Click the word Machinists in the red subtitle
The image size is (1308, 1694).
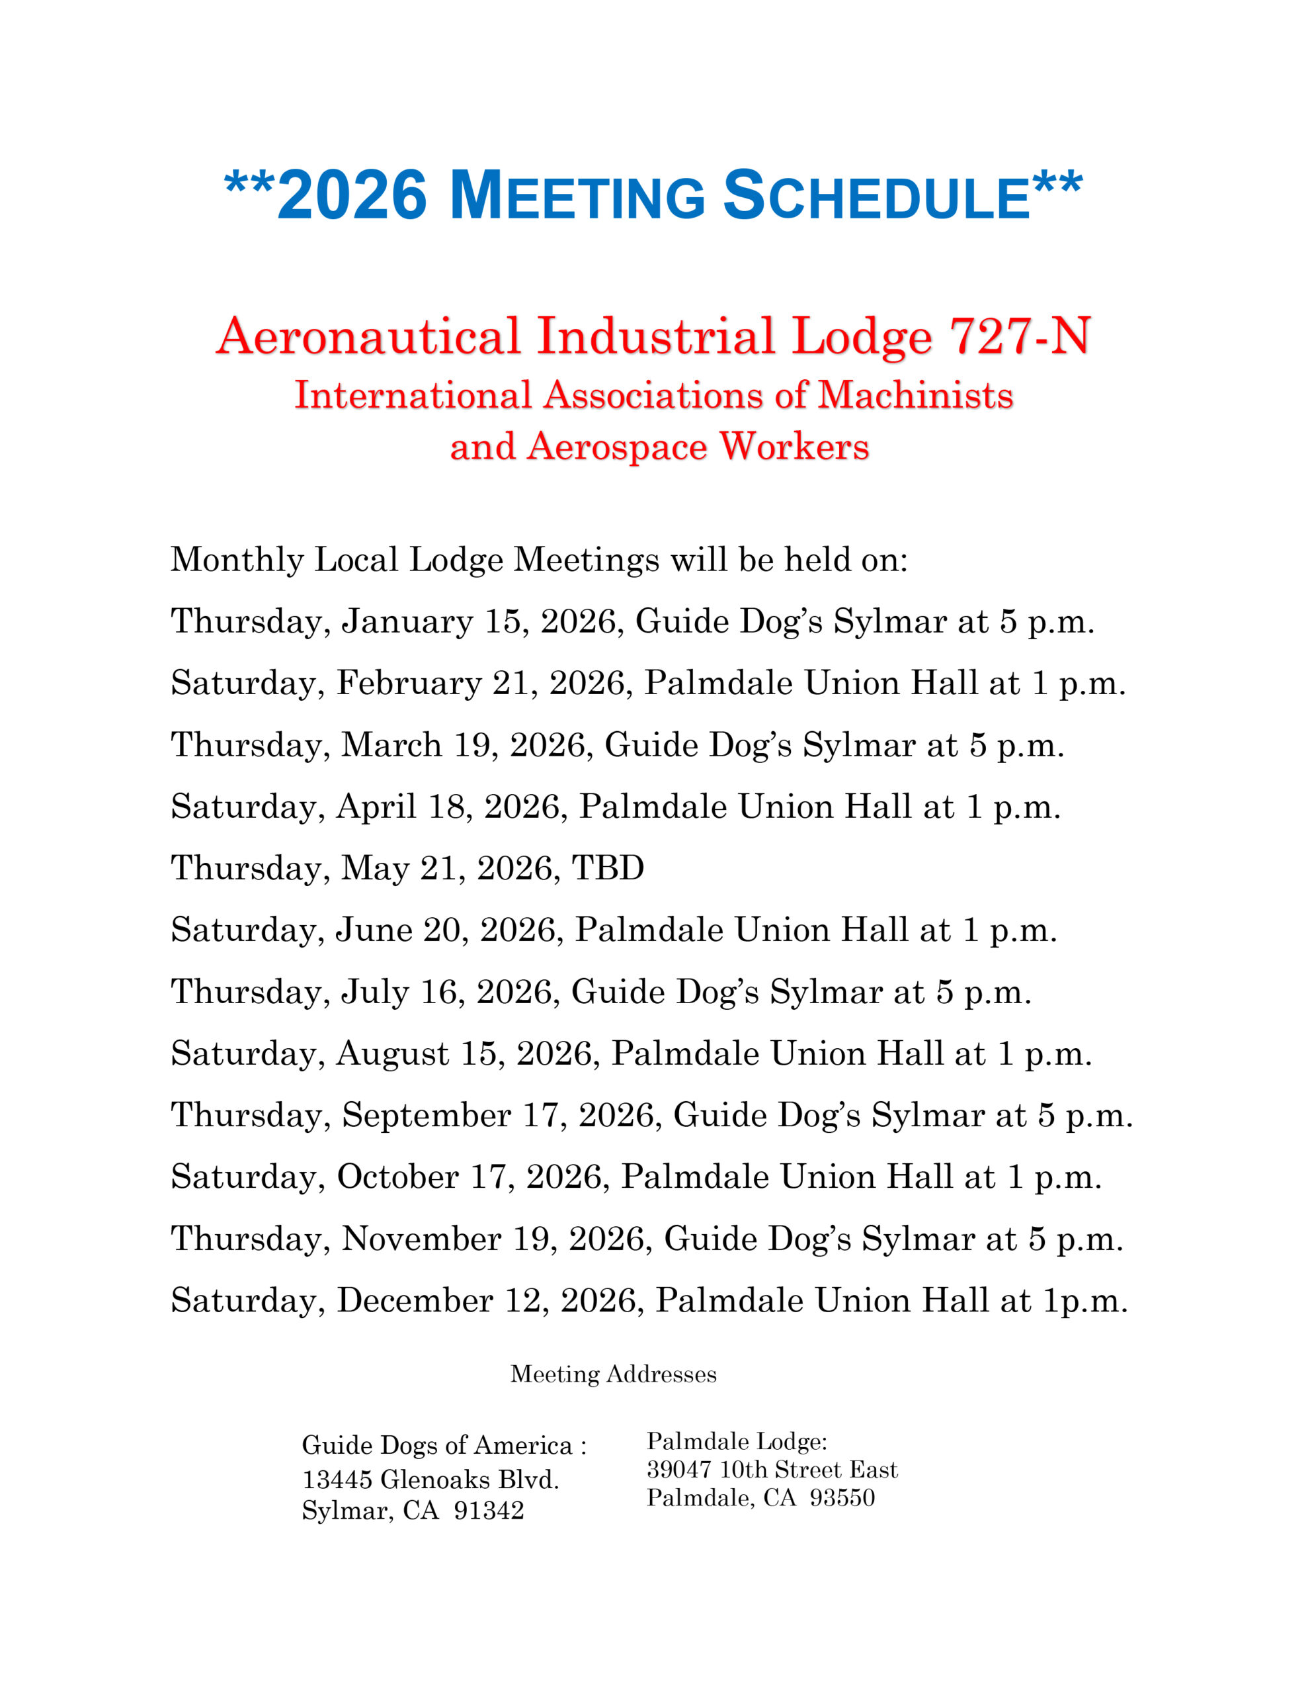tap(916, 396)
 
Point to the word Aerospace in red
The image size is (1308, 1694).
tap(617, 447)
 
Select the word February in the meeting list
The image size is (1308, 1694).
tap(409, 684)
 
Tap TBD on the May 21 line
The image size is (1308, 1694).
tap(608, 868)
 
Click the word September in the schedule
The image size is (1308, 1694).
tap(427, 1116)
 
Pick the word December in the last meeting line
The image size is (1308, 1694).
tap(415, 1301)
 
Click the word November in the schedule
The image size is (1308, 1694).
tap(422, 1239)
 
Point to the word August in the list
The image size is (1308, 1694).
tap(392, 1053)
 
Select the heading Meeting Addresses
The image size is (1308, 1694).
tap(613, 1374)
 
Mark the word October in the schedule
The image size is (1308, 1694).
tap(397, 1177)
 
